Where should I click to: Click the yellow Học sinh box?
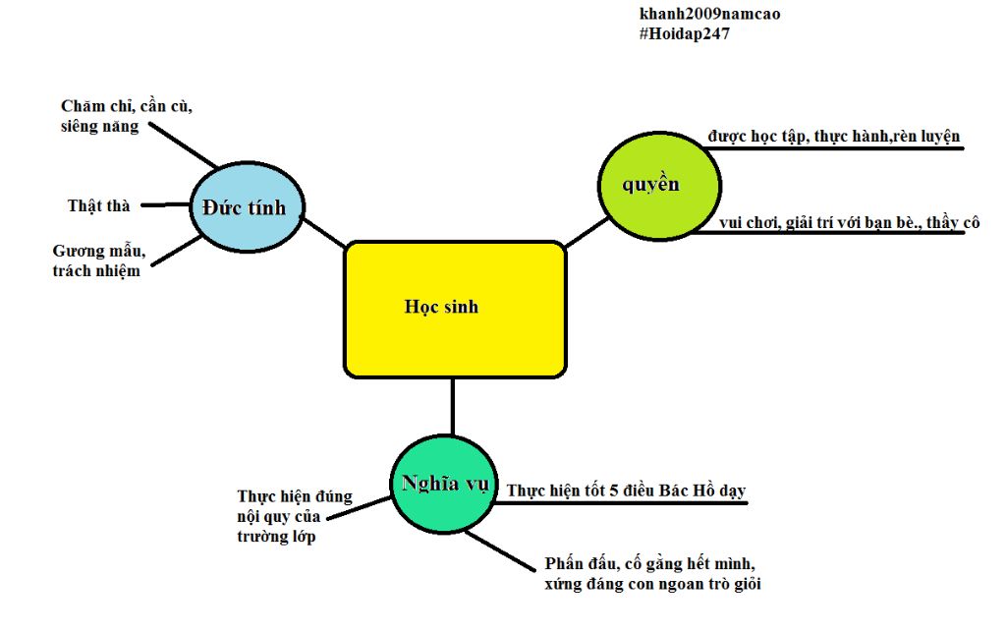click(455, 309)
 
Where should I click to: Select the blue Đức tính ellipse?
click(246, 206)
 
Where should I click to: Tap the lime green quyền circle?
click(659, 185)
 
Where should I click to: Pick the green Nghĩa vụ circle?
click(445, 483)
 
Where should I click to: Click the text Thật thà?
click(98, 205)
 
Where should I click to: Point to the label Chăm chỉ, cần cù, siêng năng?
click(126, 116)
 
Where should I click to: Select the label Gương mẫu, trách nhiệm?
click(97, 261)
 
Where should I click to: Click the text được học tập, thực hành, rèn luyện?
click(833, 136)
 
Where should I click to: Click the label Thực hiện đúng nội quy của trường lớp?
click(294, 516)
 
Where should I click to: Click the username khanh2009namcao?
click(709, 14)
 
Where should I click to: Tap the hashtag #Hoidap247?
click(684, 33)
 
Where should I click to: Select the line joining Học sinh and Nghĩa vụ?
click(453, 405)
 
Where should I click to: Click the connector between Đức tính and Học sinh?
click(323, 232)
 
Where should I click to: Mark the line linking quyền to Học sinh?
click(587, 232)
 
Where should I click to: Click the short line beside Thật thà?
click(163, 205)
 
